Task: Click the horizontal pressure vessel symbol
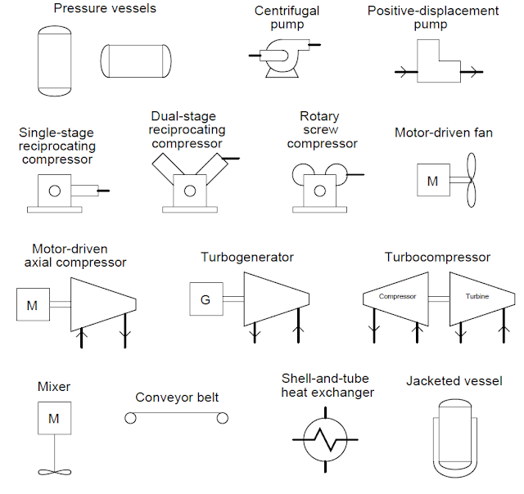[137, 60]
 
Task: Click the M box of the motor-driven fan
[432, 181]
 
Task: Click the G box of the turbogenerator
[206, 299]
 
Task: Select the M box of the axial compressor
[32, 306]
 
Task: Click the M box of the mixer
[54, 419]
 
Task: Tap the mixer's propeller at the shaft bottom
[54, 473]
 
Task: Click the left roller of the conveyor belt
[130, 419]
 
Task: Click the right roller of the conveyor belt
[223, 419]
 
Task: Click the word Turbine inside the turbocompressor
[477, 296]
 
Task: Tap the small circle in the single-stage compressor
[55, 191]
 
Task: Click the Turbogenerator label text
[247, 257]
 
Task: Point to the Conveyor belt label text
[177, 397]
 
